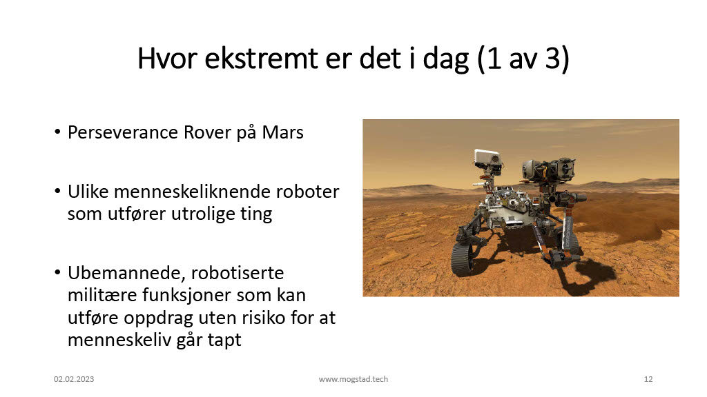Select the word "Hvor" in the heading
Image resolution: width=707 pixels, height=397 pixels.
point(167,59)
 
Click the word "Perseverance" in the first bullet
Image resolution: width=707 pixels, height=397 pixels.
point(123,132)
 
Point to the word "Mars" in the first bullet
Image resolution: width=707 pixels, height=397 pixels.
point(282,132)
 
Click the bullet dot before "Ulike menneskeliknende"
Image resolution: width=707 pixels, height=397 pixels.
point(57,192)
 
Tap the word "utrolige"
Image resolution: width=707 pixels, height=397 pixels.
point(204,214)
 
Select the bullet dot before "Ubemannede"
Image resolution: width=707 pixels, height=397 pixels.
point(57,272)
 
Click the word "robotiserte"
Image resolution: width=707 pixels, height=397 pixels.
point(238,273)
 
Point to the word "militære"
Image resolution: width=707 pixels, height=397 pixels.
point(102,295)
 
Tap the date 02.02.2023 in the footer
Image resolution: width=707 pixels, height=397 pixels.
point(74,379)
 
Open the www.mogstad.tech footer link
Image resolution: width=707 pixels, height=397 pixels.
point(353,379)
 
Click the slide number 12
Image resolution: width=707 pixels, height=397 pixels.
point(648,379)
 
